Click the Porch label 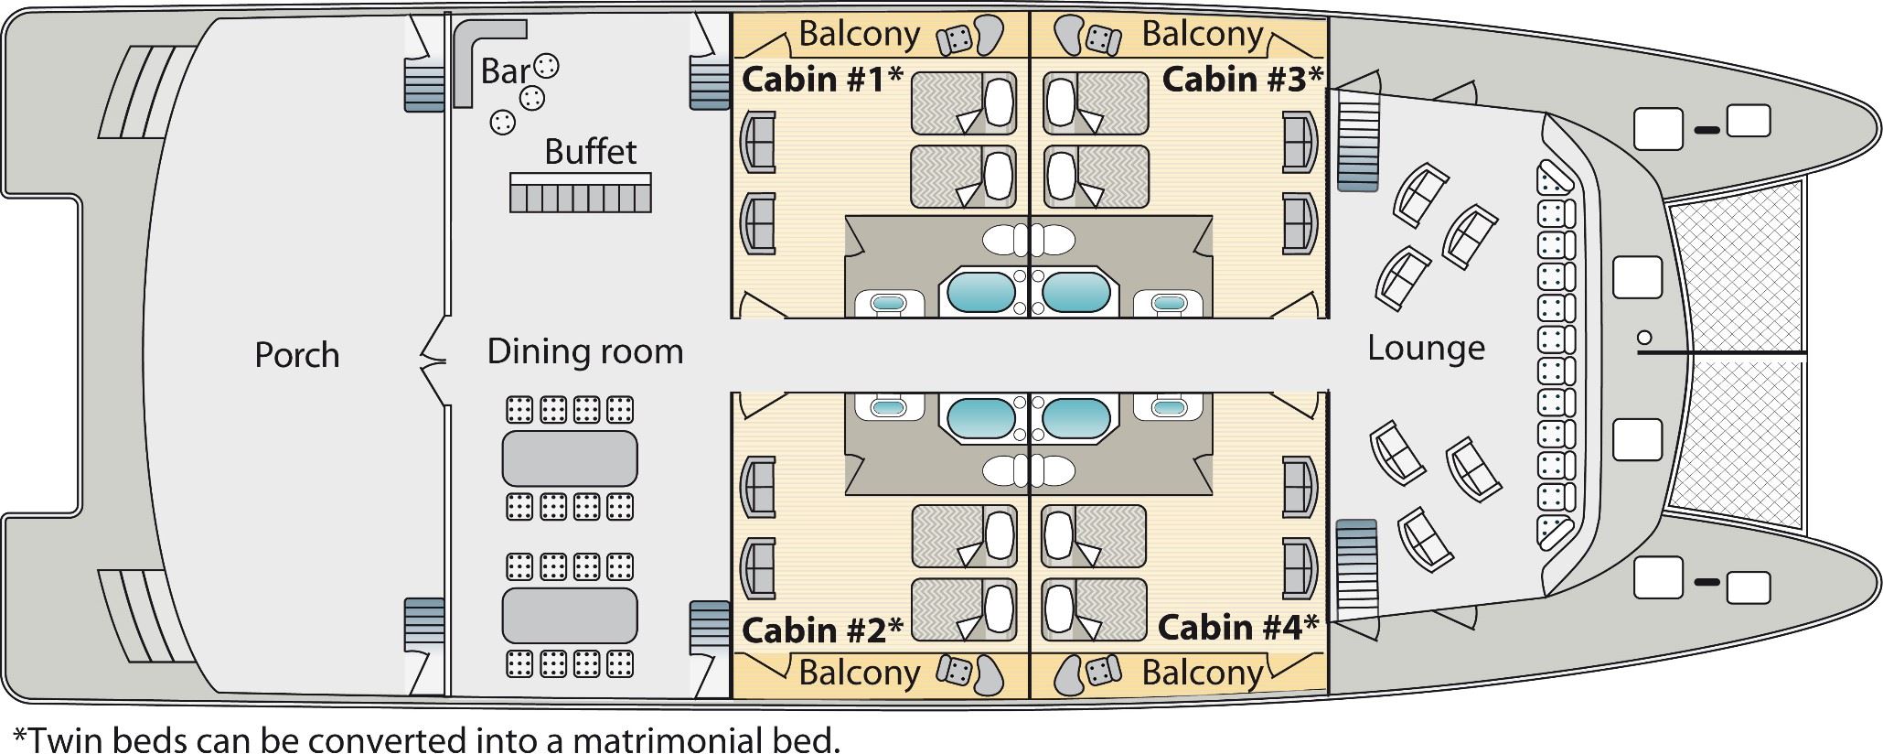tap(296, 355)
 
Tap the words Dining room tap(585, 351)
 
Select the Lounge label tap(1426, 349)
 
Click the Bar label tap(505, 71)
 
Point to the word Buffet tap(591, 151)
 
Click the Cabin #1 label tap(822, 80)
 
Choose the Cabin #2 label tap(822, 630)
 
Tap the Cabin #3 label tap(1243, 79)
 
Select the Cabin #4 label tap(1238, 628)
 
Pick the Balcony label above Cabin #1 tap(860, 34)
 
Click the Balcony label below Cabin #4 tap(1203, 673)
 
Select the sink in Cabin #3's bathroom tap(1167, 303)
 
